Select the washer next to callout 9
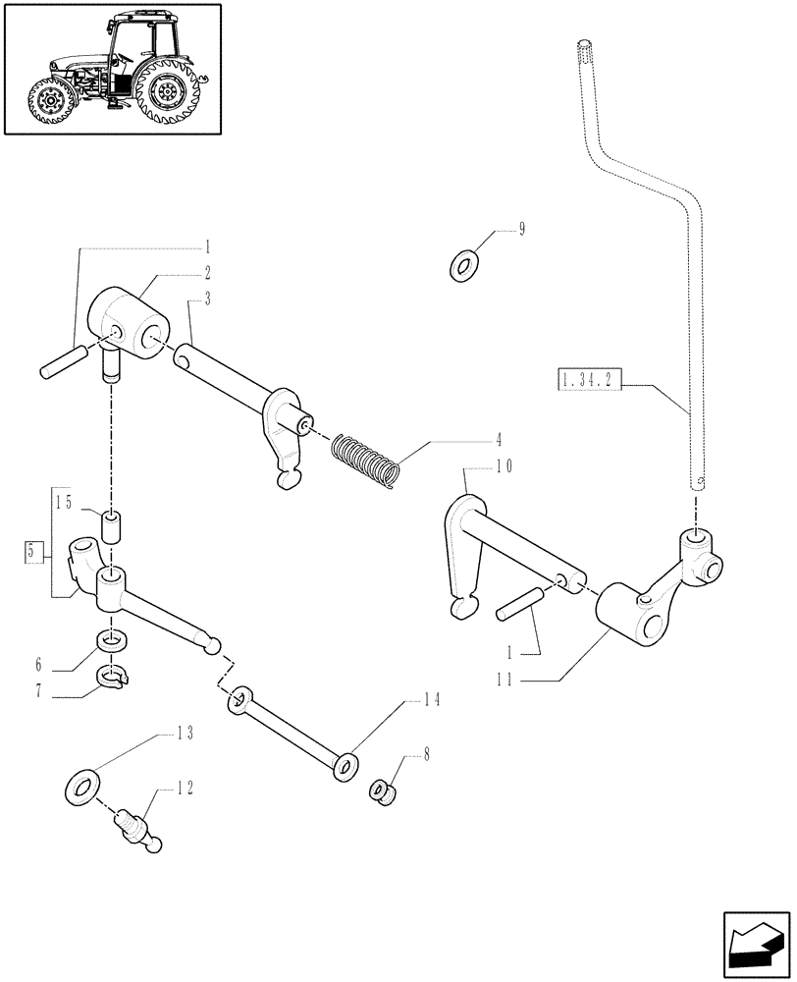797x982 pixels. [x=463, y=264]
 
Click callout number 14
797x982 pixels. [x=431, y=700]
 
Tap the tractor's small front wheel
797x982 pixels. [x=48, y=100]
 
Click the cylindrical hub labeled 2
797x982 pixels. [x=129, y=316]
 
